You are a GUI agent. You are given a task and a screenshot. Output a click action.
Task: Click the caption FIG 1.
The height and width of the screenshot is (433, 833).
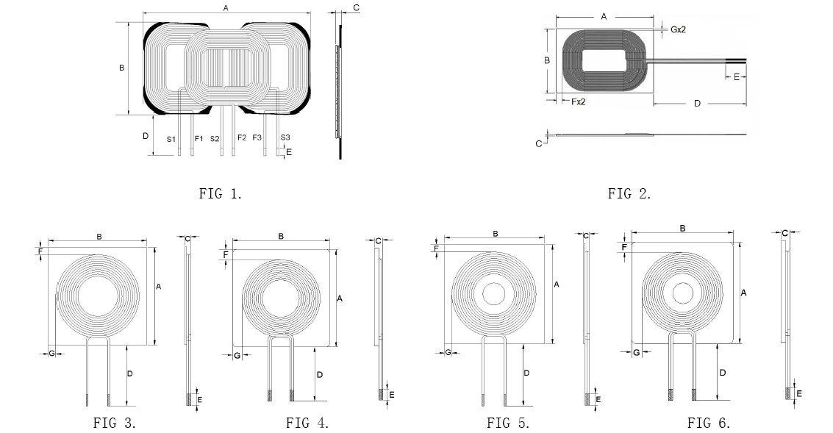click(x=221, y=193)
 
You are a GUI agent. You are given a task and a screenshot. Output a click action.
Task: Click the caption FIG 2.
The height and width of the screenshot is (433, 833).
click(x=629, y=193)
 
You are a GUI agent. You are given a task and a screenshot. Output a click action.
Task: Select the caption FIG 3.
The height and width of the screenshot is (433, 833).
click(x=115, y=423)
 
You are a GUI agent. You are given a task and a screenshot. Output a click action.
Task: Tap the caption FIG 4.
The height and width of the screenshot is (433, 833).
click(x=307, y=423)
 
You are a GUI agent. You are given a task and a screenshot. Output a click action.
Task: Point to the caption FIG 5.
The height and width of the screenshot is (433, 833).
click(x=509, y=423)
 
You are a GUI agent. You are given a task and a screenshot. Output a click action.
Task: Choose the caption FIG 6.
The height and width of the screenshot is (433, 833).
click(x=709, y=423)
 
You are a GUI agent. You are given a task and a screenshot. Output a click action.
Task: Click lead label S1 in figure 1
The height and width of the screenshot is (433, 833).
click(x=171, y=139)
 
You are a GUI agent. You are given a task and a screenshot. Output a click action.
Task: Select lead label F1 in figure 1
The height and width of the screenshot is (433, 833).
click(x=199, y=138)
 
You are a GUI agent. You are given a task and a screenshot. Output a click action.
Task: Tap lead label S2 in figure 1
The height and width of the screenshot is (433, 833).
click(x=215, y=139)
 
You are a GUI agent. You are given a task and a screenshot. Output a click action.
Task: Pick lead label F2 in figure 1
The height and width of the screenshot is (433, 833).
click(x=242, y=137)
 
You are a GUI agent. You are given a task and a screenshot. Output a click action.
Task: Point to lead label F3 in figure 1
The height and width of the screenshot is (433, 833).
click(x=257, y=137)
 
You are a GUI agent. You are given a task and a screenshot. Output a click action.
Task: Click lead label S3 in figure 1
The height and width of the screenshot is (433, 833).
click(x=285, y=137)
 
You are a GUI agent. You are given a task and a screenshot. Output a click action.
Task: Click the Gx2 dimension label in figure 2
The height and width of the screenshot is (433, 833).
click(x=678, y=29)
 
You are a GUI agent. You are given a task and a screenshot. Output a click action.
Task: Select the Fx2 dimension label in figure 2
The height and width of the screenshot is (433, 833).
click(x=578, y=101)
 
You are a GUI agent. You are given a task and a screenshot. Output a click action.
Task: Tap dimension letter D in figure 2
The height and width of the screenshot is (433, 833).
click(x=698, y=103)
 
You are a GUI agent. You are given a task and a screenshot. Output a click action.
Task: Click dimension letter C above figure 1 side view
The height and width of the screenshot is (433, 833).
click(x=356, y=7)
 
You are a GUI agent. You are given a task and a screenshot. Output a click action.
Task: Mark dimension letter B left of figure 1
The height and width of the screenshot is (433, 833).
click(x=121, y=68)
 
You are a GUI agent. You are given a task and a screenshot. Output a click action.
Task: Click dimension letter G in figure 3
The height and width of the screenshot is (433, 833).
click(x=52, y=354)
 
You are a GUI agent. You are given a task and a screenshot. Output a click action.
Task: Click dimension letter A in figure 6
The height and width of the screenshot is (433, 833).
click(x=744, y=293)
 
